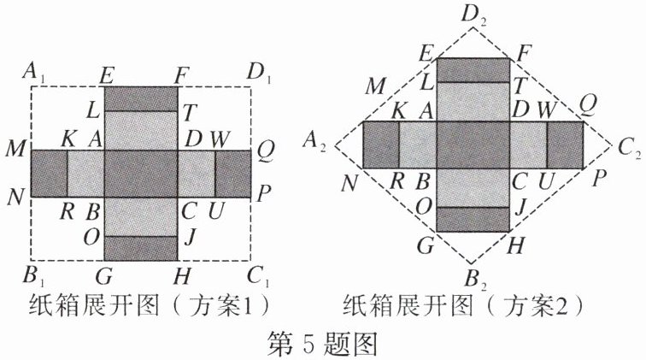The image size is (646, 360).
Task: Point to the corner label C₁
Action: click(x=259, y=275)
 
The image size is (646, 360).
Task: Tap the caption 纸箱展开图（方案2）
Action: click(x=464, y=305)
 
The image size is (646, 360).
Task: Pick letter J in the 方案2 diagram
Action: click(x=520, y=205)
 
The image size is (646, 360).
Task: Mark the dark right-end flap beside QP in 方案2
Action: click(x=565, y=145)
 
